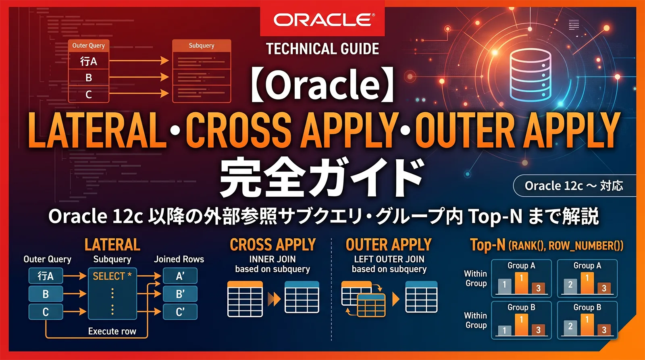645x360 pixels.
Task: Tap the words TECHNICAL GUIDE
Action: [x=322, y=49]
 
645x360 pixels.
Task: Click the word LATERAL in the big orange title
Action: [x=97, y=130]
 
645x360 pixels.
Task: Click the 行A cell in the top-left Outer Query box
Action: [x=89, y=61]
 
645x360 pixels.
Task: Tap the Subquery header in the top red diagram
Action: [x=202, y=46]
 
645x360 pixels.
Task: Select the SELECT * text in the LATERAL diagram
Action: [x=112, y=276]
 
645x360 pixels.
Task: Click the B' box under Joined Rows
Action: [x=180, y=294]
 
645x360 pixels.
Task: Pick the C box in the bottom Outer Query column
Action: [x=46, y=312]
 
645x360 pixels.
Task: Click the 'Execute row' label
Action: [x=112, y=331]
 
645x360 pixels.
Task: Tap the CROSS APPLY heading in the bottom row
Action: [x=273, y=245]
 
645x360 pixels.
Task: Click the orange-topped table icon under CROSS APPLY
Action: [x=245, y=299]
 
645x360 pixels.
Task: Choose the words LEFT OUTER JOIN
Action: [x=389, y=259]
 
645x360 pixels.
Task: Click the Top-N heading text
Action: [x=487, y=245]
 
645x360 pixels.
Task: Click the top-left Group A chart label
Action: [x=521, y=266]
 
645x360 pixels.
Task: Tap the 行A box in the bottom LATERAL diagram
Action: [x=46, y=276]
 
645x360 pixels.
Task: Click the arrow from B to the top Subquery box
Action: [x=139, y=77]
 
